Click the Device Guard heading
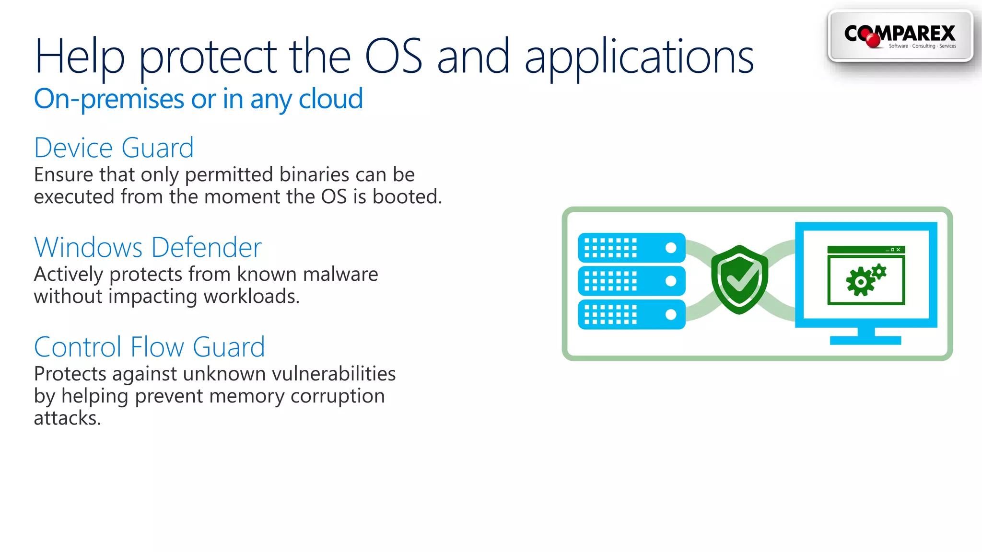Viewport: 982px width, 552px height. pyautogui.click(x=114, y=148)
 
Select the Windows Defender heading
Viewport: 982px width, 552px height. pyautogui.click(x=148, y=247)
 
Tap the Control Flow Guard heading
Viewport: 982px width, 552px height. pyautogui.click(x=149, y=347)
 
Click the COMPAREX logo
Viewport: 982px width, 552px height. pyautogui.click(x=900, y=36)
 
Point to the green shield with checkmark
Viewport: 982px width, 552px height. pyautogui.click(x=739, y=280)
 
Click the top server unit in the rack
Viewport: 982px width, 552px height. pyautogui.click(x=631, y=248)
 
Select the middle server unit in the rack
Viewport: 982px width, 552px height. pyautogui.click(x=631, y=281)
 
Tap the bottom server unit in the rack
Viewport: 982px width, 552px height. pyautogui.click(x=631, y=314)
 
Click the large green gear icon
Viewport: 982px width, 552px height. pyautogui.click(x=860, y=282)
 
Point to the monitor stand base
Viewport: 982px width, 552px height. pyautogui.click(x=865, y=340)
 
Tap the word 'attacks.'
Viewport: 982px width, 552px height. pyautogui.click(x=67, y=418)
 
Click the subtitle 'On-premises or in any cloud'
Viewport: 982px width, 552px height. pyautogui.click(x=198, y=99)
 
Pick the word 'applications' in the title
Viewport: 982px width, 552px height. pyautogui.click(x=639, y=57)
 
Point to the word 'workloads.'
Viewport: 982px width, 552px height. pyautogui.click(x=251, y=297)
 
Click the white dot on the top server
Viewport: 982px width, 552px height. pyautogui.click(x=671, y=248)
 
